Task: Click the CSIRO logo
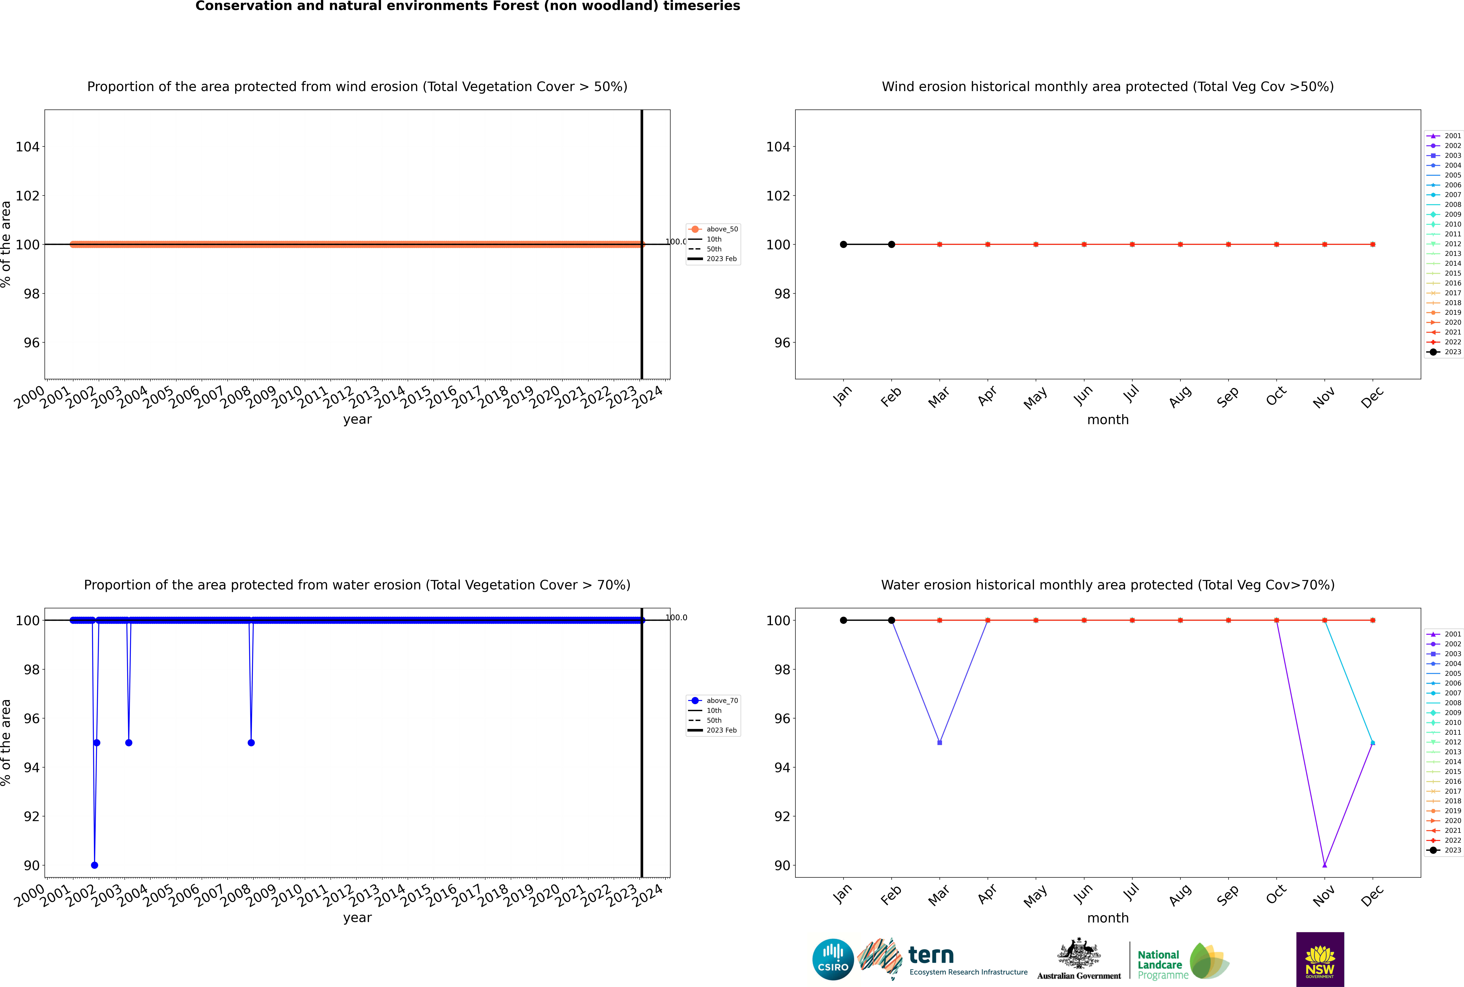(833, 959)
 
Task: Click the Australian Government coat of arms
(1079, 955)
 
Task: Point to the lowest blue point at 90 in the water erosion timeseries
(94, 865)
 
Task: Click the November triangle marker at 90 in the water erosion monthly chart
(1324, 865)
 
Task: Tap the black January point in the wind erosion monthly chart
(843, 244)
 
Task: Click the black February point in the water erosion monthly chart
(891, 620)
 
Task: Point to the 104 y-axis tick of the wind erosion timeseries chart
(28, 147)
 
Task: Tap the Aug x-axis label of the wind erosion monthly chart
(1180, 396)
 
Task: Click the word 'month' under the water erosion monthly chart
(1108, 918)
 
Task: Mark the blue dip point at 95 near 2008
(251, 743)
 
